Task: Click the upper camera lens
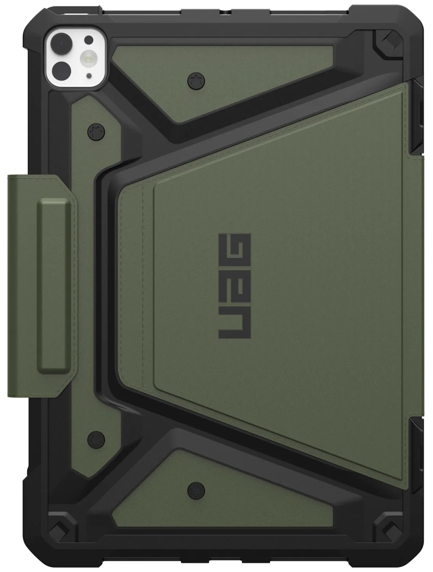(x=62, y=41)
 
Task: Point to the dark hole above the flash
(x=89, y=40)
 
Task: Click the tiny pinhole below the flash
(x=89, y=75)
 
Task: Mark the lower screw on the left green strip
(x=95, y=438)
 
